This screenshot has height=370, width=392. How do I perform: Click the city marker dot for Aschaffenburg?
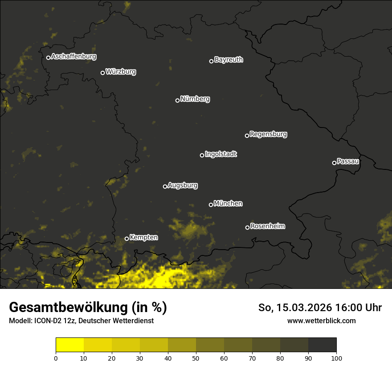(48, 58)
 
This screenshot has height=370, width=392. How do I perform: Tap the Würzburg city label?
(121, 71)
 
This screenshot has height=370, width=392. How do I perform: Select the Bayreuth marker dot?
(211, 61)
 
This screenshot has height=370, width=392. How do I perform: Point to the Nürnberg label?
(195, 99)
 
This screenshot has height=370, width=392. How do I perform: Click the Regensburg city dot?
(247, 136)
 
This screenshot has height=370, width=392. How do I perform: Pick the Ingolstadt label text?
(221, 154)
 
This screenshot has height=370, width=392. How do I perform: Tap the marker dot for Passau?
(334, 163)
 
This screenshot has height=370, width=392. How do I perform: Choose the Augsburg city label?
(183, 185)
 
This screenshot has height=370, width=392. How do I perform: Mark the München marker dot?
(211, 205)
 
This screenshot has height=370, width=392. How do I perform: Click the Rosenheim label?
(268, 226)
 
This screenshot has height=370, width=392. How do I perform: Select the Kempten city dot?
(127, 238)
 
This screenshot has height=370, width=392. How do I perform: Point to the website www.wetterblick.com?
(321, 321)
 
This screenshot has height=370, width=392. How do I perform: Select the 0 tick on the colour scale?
(56, 358)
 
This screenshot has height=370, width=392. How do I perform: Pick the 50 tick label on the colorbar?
(196, 358)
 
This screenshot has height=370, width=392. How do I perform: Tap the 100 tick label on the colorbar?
(336, 358)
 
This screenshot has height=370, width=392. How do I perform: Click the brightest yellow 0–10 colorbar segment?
(70, 345)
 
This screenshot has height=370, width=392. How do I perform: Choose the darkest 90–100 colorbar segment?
(322, 345)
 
